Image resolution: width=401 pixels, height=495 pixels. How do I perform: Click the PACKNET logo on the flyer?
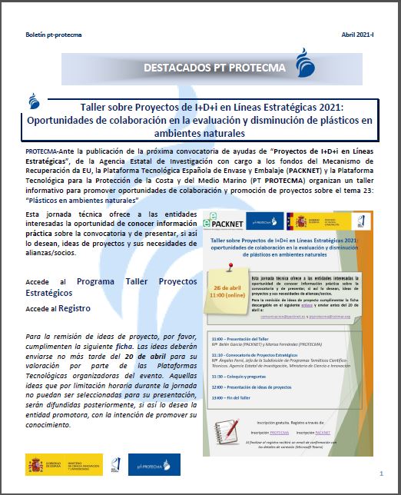pyautogui.click(x=232, y=219)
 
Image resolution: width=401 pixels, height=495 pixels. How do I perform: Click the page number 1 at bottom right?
pyautogui.click(x=381, y=473)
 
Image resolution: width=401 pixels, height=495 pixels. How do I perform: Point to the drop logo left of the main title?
pyautogui.click(x=33, y=102)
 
